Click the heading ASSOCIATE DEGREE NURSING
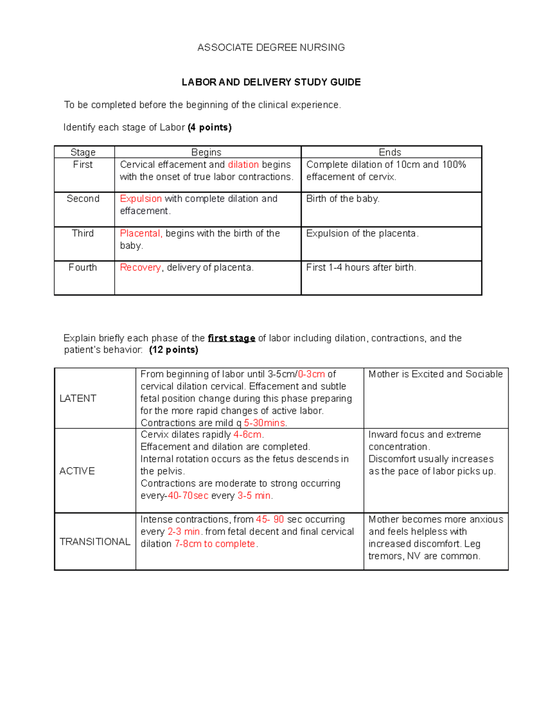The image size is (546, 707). pos(271,47)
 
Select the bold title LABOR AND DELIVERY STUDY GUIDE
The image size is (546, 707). pos(271,82)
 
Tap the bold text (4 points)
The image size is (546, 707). pos(209,127)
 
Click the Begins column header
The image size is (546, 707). pos(206,152)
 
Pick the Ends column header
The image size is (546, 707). pos(390,152)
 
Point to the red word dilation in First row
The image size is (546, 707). pos(243,164)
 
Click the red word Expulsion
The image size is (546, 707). pos(141,198)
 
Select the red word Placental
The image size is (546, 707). pos(141,233)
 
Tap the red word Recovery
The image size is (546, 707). pos(140,267)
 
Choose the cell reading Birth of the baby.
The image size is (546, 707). pos(343,198)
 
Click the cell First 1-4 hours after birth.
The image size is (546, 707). pos(361,267)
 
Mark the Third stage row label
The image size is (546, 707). pos(83,233)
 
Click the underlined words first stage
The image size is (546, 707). pos(231,338)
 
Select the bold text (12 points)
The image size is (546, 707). pos(173,350)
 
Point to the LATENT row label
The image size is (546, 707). pos(78,398)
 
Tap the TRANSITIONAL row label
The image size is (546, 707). pos(95,541)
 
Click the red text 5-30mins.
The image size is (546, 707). pos(265,423)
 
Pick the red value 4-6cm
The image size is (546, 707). pos(248,434)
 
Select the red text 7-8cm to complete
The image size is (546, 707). pos(216,544)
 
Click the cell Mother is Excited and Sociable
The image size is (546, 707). pos(435,374)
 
